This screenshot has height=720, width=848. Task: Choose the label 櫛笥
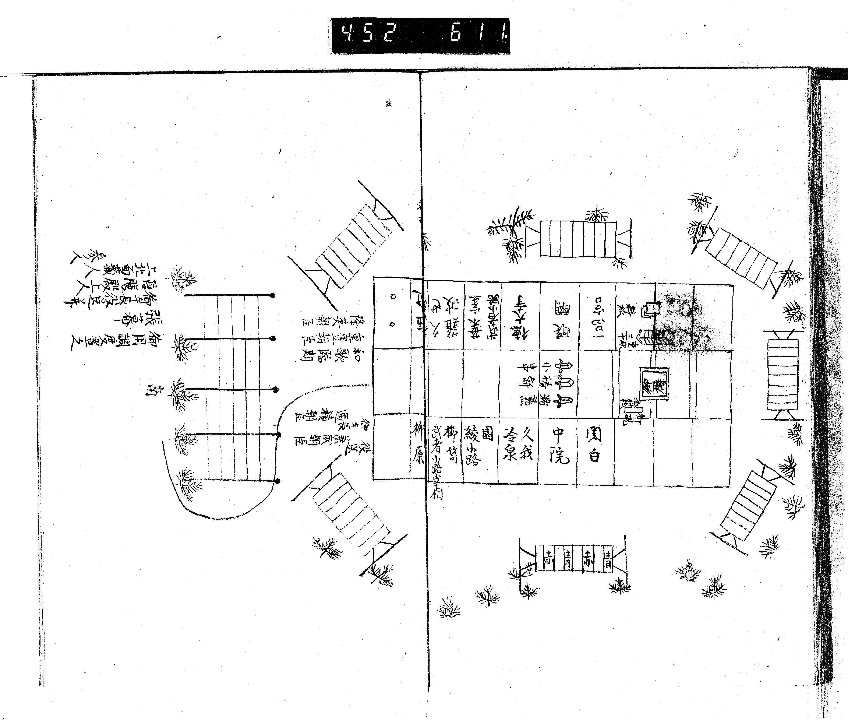(x=450, y=445)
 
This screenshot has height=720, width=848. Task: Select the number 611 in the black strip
(x=478, y=35)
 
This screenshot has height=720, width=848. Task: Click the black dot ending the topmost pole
(x=272, y=295)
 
